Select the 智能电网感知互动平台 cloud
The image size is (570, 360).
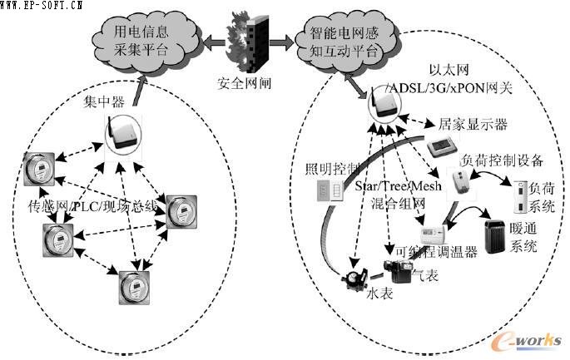click(344, 40)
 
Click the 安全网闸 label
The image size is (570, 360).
click(244, 84)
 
